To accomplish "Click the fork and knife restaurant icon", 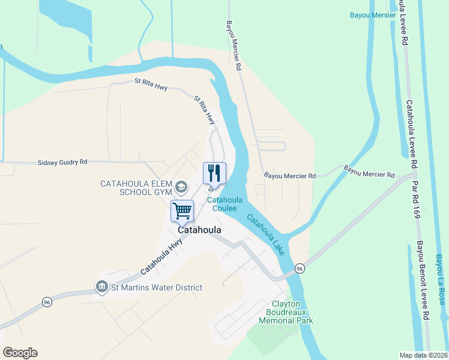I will point(214,173).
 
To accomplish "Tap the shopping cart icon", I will point(182,211).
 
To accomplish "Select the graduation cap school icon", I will point(179,187).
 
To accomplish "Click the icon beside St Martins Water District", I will point(101,287).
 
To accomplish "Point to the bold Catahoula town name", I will point(199,230).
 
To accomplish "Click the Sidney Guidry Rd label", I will point(62,162).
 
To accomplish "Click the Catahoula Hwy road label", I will point(161,258).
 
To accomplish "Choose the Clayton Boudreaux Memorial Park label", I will point(286,312).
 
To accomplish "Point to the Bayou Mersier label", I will point(373,15).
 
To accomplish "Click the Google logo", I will point(20,353).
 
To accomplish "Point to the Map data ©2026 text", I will point(424,355).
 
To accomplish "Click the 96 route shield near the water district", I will point(47,302).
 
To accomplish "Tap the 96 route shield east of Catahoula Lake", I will point(300,268).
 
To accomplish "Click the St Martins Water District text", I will point(155,287).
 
